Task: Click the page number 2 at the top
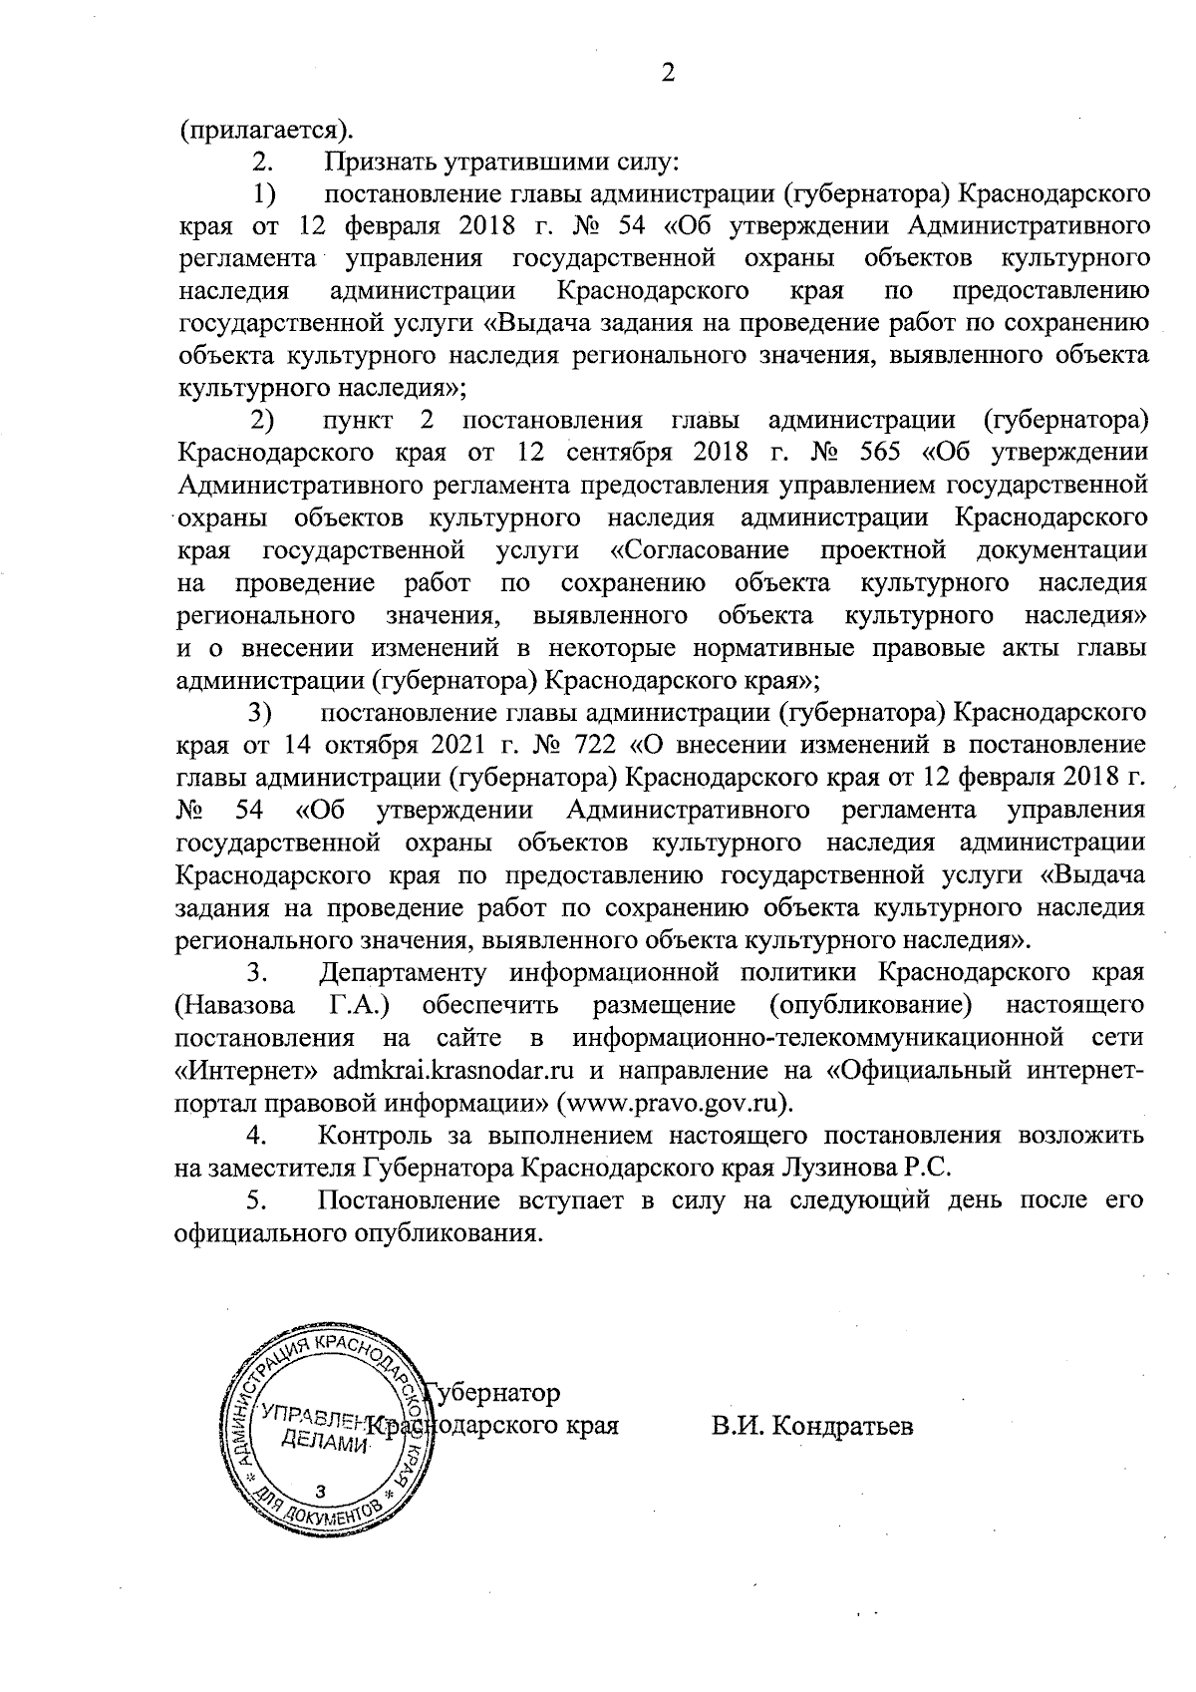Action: tap(668, 74)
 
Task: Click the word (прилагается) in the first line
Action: tap(264, 131)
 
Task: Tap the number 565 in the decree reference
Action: tap(877, 453)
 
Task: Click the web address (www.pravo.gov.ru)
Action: tap(679, 1103)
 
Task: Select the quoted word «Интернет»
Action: tap(246, 1070)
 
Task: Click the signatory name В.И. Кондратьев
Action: tap(812, 1426)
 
